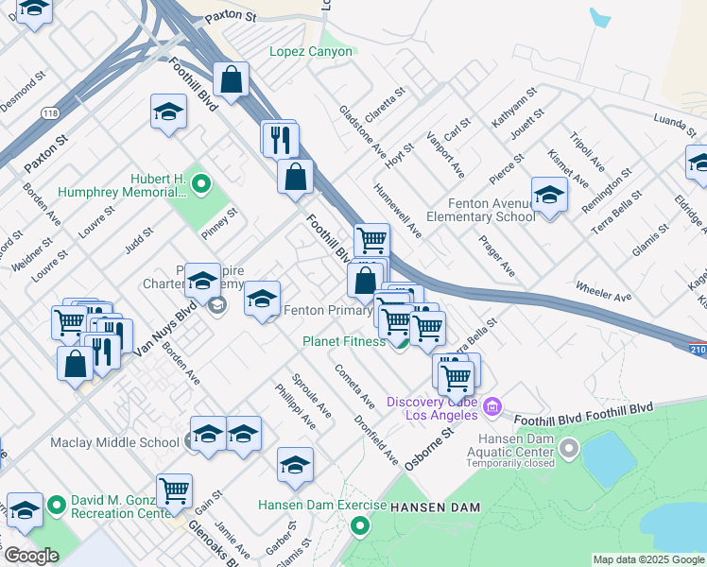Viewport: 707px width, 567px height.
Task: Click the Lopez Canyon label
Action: click(311, 52)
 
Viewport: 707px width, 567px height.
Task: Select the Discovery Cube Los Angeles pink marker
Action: click(491, 407)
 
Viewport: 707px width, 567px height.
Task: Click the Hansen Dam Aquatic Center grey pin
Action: click(569, 447)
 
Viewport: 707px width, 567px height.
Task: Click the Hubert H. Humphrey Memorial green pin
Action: click(201, 182)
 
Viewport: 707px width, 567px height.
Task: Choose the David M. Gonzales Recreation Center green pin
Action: click(57, 506)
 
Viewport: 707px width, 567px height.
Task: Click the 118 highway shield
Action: click(49, 113)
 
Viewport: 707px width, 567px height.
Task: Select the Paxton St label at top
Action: click(231, 16)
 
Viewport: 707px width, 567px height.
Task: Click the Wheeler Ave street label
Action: click(602, 291)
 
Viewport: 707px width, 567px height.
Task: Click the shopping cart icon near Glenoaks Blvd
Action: click(174, 490)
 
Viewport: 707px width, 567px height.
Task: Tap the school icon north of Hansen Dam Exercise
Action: click(295, 464)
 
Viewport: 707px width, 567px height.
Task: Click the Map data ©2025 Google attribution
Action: click(648, 559)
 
